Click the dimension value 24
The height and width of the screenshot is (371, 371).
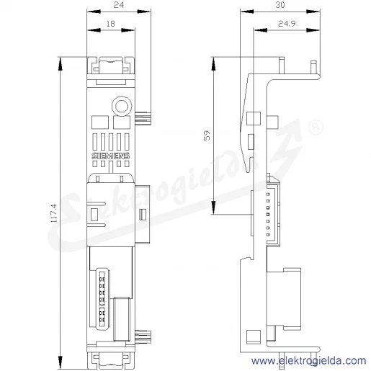coord(118,5)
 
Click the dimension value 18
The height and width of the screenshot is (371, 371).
coord(111,24)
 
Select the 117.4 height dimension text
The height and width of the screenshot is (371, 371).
coord(54,213)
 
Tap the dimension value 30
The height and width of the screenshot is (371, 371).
coord(280,5)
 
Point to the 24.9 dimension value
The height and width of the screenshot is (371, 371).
coord(287,24)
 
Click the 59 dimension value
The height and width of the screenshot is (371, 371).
coord(207,135)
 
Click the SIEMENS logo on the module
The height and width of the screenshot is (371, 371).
coord(111,156)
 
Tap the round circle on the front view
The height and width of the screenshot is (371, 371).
coord(122,106)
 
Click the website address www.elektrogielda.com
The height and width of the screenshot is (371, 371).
coord(308,361)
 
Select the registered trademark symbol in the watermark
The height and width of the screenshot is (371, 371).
coord(316,128)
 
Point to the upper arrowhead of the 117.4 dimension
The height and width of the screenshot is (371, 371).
coord(61,64)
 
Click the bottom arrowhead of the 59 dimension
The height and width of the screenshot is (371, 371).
coord(213,207)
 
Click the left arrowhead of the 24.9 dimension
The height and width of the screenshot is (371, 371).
coord(261,30)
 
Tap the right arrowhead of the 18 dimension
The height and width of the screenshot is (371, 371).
coord(128,30)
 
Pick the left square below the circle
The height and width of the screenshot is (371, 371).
coord(100,122)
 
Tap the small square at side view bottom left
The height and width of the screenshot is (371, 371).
coord(254,336)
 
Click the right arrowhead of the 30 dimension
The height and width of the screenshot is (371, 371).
coord(313,12)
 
